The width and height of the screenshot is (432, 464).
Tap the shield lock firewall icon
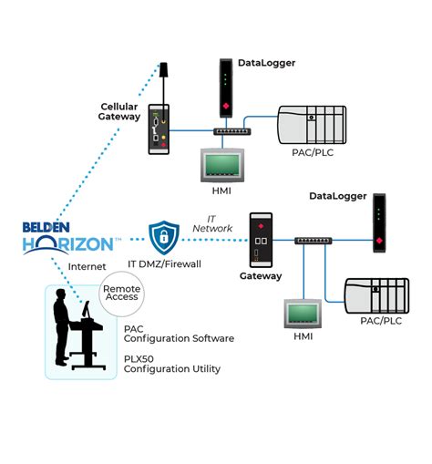[x=164, y=237]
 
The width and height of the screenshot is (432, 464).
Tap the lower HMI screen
[x=303, y=314]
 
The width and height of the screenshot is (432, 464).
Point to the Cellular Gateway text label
[x=119, y=111]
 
